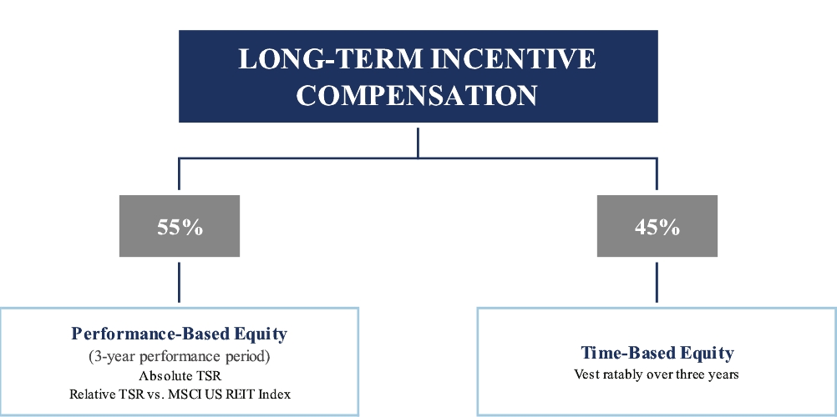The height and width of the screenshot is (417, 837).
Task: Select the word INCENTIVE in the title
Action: (x=513, y=58)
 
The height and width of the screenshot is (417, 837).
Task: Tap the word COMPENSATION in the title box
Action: (x=417, y=95)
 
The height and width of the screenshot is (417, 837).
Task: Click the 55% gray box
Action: (x=180, y=226)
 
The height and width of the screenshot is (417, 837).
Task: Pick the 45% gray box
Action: (x=657, y=226)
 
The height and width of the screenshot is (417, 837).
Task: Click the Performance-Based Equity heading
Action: (x=180, y=334)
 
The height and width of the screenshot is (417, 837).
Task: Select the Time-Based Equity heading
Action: (x=657, y=353)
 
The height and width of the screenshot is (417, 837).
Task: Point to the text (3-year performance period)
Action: (x=180, y=356)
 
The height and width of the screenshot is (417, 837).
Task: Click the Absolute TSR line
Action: (x=180, y=376)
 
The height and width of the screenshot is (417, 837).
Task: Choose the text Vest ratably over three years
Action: (x=657, y=374)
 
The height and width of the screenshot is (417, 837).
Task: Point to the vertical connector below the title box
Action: (x=418, y=143)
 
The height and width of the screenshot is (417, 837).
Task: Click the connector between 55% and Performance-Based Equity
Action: (x=179, y=282)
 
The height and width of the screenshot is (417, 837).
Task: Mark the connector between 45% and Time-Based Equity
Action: (x=657, y=282)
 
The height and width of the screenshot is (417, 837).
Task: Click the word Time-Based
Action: (x=621, y=353)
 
